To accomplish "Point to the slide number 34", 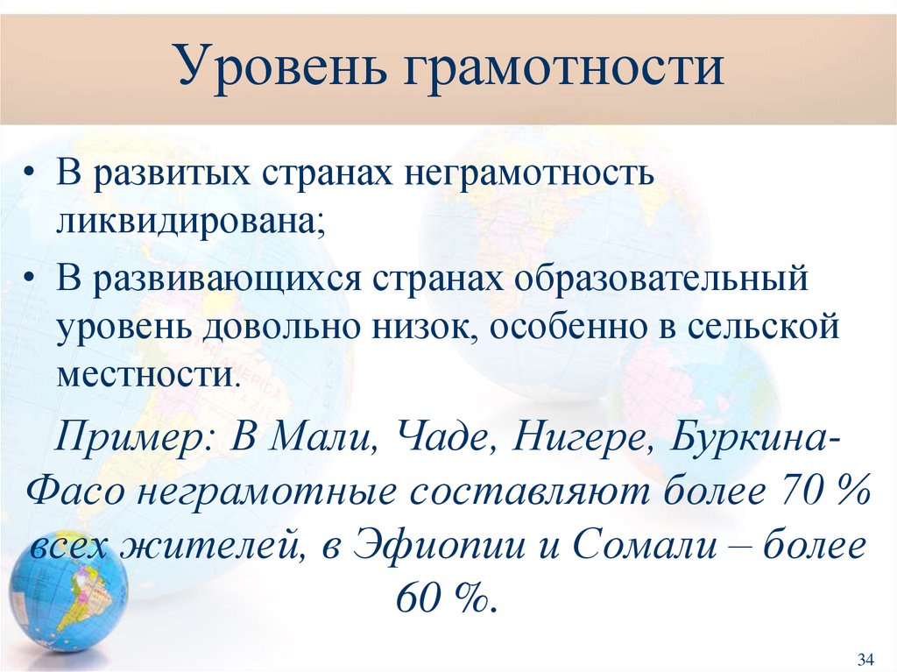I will [x=866, y=658].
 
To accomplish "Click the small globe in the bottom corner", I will [x=67, y=591].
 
